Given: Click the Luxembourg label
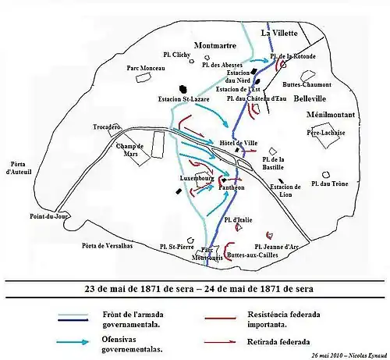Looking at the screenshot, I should (x=196, y=178).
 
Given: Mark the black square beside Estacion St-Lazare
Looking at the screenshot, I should (x=183, y=88).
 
